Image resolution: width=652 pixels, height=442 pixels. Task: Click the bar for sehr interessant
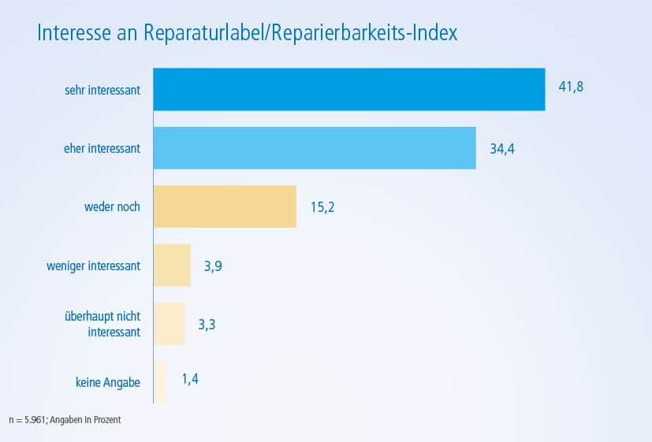348,89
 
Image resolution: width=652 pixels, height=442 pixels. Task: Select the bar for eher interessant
314,147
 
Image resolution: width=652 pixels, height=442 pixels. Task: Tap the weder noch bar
224,206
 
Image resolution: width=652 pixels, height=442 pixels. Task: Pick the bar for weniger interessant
171,265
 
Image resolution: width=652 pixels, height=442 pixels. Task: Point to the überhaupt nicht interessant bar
169,323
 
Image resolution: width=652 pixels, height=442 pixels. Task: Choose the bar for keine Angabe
160,382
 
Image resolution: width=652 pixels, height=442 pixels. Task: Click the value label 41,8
571,87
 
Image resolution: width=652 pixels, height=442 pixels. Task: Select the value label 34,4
501,148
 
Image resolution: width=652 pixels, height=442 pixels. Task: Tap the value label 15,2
322,207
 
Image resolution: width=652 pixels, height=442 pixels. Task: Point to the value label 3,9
213,266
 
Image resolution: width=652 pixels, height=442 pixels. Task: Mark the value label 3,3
207,324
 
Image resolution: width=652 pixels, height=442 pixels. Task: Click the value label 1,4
190,380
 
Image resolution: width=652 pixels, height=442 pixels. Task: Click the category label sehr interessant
102,90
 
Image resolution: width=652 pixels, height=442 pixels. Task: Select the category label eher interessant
102,148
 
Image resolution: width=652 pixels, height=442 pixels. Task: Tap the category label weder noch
112,207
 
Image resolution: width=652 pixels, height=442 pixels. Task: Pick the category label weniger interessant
94,266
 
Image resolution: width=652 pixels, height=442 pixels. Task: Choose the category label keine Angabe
103,383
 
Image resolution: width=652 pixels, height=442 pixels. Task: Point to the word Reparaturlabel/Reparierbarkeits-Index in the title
300,35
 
